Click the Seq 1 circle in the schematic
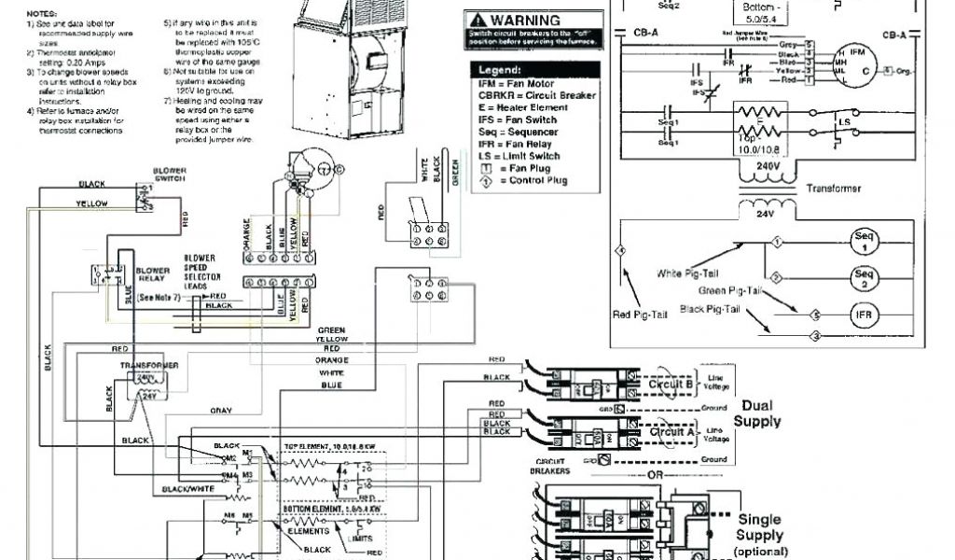(x=863, y=243)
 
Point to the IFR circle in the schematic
(x=863, y=315)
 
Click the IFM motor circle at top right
(x=852, y=63)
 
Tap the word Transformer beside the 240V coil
(x=834, y=188)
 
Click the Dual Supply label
(x=757, y=413)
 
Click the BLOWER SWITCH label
(x=170, y=175)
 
